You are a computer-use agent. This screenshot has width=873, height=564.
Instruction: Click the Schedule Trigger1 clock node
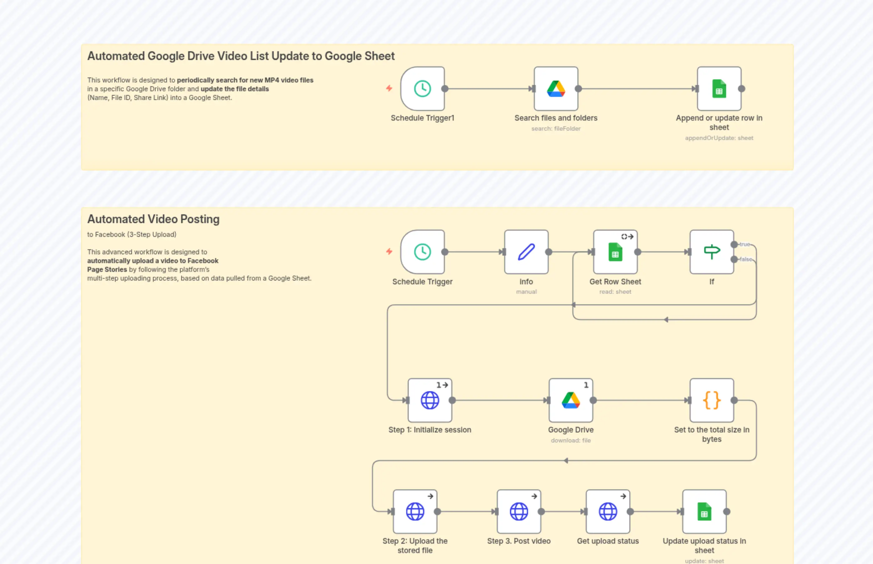coord(422,89)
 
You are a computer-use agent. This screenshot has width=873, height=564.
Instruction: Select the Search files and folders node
coord(556,89)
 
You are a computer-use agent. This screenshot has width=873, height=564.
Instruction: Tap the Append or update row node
coord(719,89)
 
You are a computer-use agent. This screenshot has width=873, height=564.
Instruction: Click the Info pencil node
coord(526,252)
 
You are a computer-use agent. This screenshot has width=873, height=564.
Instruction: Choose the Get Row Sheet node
coord(615,252)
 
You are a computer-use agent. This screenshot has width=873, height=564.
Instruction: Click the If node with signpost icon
coord(711,252)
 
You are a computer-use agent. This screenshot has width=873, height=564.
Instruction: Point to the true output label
coord(745,244)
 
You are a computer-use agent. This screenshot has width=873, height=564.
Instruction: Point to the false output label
coord(746,259)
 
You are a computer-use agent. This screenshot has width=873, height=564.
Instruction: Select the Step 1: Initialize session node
coord(430,400)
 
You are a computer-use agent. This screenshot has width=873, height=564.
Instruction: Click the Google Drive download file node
coord(571,400)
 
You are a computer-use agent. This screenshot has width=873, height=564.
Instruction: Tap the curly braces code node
coord(711,400)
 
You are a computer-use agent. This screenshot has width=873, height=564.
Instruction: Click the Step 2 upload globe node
coord(415,512)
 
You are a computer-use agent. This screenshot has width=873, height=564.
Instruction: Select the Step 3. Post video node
coord(519,512)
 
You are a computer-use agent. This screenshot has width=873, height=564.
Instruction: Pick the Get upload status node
coord(607,512)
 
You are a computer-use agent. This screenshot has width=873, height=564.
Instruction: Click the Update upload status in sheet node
coord(704,512)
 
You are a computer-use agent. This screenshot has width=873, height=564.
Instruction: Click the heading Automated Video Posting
coord(153,219)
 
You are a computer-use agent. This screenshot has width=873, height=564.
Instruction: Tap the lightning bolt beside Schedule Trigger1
coord(389,88)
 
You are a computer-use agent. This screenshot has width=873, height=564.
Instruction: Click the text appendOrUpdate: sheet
coord(719,138)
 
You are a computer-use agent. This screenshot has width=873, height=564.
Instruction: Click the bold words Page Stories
coord(107,270)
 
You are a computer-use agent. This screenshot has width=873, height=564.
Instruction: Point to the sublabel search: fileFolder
coord(556,128)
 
